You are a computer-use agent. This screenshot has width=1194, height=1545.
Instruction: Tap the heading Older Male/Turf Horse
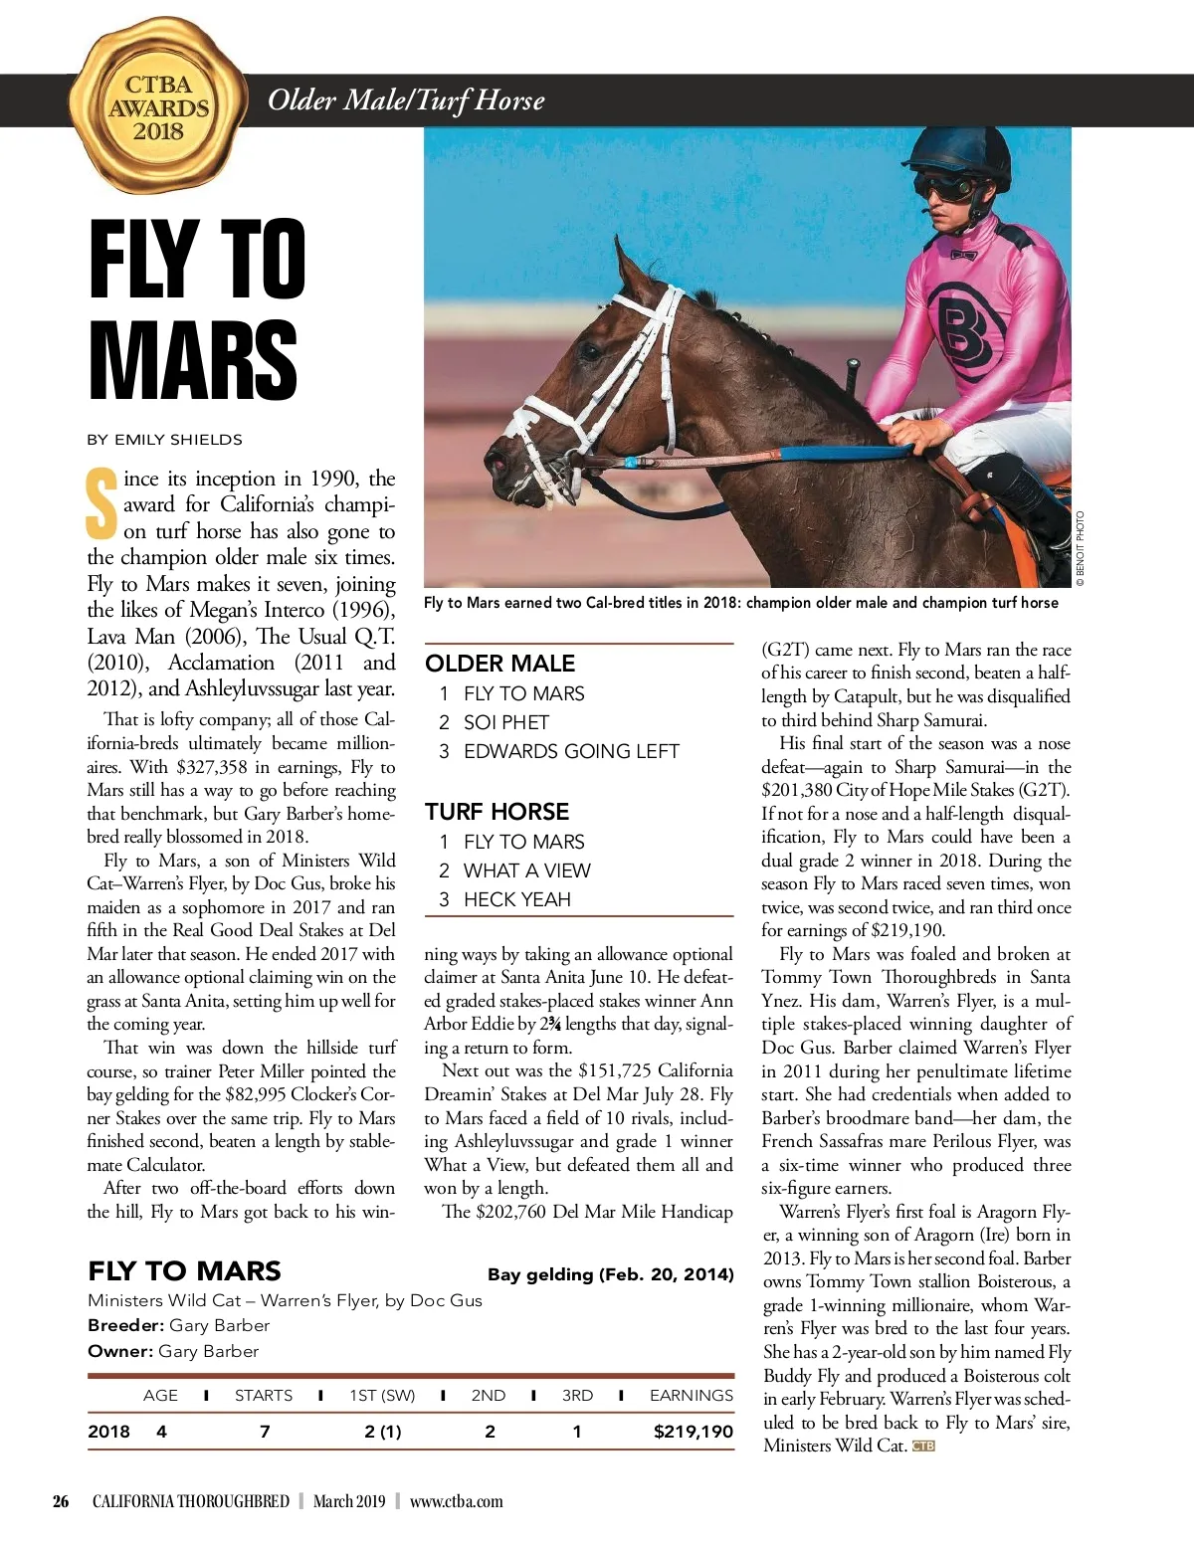pyautogui.click(x=406, y=100)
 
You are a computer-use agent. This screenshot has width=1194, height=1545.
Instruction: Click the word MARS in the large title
pyautogui.click(x=193, y=360)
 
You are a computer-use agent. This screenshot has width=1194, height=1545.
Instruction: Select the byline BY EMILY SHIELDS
pyautogui.click(x=164, y=440)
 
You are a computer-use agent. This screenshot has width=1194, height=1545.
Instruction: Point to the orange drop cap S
pyautogui.click(x=100, y=503)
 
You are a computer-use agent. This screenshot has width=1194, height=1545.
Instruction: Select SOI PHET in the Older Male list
pyautogui.click(x=506, y=722)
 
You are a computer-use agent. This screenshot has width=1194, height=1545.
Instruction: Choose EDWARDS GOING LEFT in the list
pyautogui.click(x=571, y=751)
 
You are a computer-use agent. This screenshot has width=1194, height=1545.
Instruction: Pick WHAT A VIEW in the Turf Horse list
pyautogui.click(x=526, y=870)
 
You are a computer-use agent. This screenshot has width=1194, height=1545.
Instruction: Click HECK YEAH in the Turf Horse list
pyautogui.click(x=516, y=899)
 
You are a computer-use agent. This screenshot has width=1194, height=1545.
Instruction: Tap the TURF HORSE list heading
pyautogui.click(x=497, y=812)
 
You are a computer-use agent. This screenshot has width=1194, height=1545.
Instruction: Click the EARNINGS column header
pyautogui.click(x=691, y=1396)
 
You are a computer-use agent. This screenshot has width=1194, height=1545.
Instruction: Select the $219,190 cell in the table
pyautogui.click(x=693, y=1432)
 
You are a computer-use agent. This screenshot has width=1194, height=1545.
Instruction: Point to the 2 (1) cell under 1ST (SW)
pyautogui.click(x=383, y=1432)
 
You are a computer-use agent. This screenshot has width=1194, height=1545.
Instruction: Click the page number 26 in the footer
pyautogui.click(x=61, y=1501)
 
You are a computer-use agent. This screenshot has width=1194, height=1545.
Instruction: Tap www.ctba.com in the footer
pyautogui.click(x=456, y=1501)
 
